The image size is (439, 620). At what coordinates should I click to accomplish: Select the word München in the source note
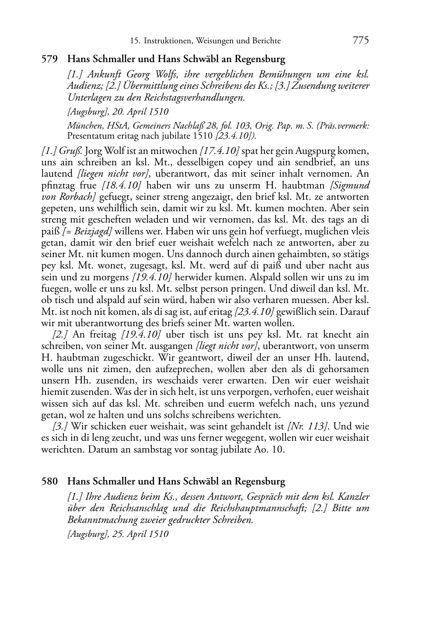pyautogui.click(x=84, y=126)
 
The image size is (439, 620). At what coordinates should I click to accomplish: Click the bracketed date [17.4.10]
pyautogui.click(x=219, y=151)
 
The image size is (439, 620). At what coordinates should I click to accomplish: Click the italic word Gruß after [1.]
pyautogui.click(x=74, y=151)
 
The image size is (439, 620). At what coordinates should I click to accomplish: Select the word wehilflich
pyautogui.click(x=97, y=208)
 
